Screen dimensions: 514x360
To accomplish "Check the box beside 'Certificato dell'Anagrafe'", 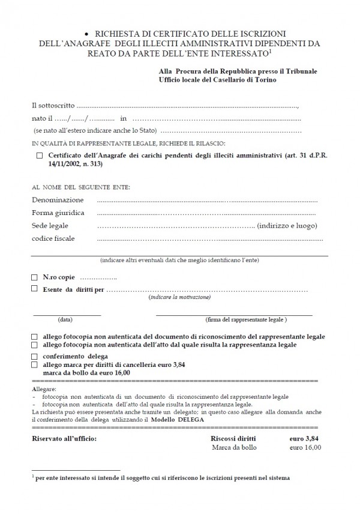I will click(x=40, y=155).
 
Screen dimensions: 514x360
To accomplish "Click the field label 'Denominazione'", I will click(x=58, y=199).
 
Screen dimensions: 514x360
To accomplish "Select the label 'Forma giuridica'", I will click(x=58, y=213).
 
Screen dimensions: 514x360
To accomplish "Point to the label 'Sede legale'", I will click(x=50, y=226).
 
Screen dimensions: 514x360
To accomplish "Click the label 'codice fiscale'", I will click(x=53, y=239).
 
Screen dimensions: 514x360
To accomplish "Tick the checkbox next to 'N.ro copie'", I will click(x=34, y=278).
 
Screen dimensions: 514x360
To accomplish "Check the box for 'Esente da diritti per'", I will click(x=34, y=289).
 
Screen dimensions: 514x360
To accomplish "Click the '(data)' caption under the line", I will click(x=66, y=319).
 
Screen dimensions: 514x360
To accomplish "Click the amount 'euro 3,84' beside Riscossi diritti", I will click(x=301, y=438).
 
